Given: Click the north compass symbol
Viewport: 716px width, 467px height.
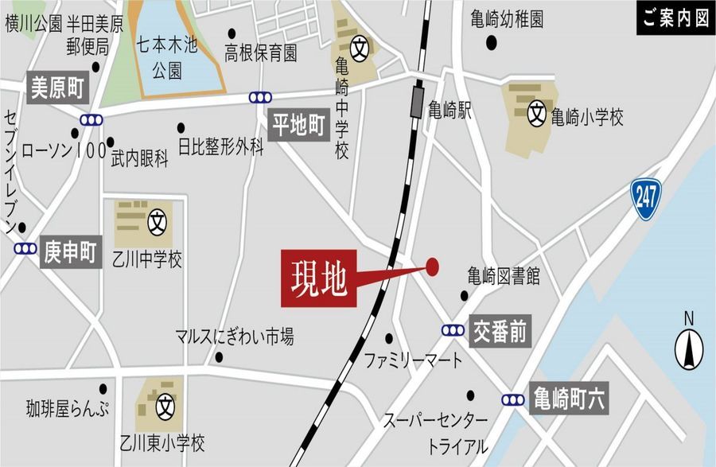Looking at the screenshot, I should [689, 347].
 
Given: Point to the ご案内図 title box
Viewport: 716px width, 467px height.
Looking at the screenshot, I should [675, 18].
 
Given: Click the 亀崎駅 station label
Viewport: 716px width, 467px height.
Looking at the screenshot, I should [449, 111].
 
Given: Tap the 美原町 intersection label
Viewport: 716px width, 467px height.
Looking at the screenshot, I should [57, 88].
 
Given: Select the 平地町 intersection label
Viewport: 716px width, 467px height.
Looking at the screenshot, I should [299, 126].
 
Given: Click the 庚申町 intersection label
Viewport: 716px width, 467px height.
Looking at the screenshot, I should [69, 253].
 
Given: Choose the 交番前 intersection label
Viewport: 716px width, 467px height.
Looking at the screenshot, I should [500, 332].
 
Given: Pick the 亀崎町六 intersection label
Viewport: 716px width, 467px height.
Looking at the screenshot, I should [570, 399].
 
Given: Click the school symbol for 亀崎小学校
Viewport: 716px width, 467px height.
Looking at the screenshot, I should [539, 115].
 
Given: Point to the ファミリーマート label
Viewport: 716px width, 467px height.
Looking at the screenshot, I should [413, 361].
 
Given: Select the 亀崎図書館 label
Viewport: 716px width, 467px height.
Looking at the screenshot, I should [504, 277].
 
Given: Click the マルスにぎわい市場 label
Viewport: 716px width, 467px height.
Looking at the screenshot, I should [235, 337].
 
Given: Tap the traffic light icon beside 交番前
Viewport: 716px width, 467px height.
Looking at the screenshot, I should [453, 330].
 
